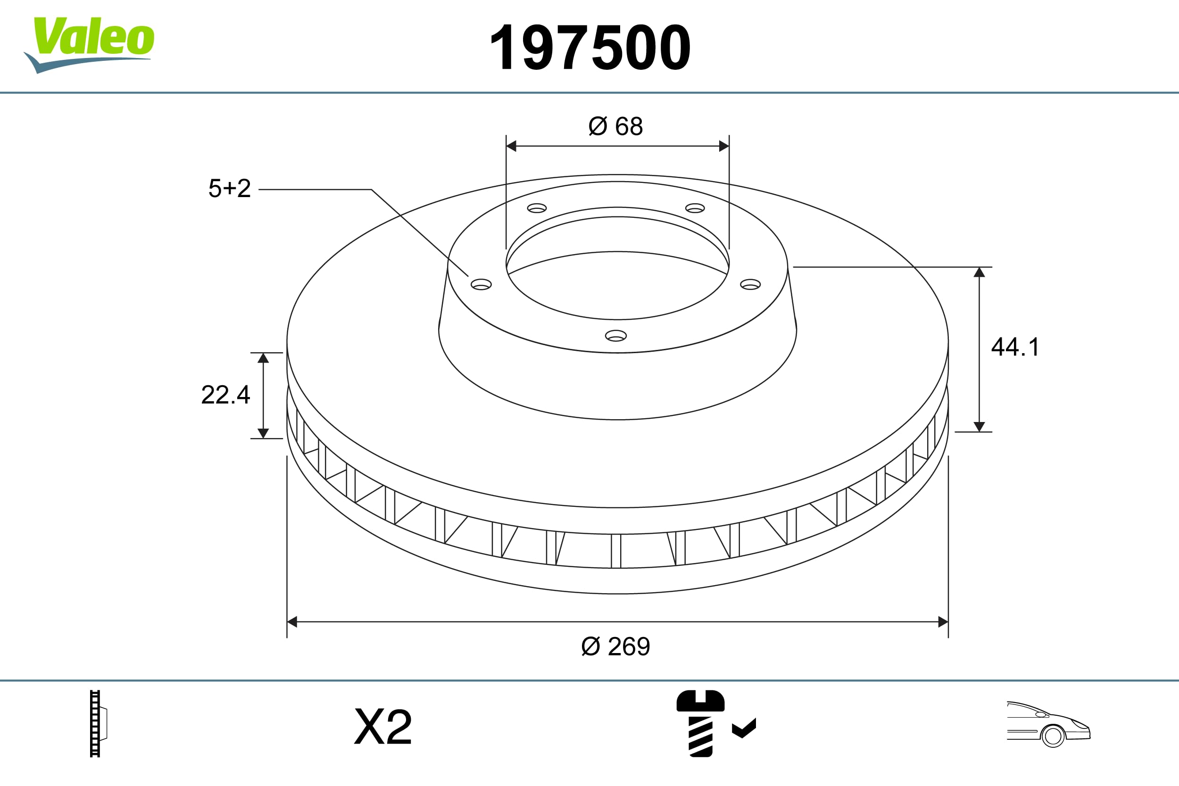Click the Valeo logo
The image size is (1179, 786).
point(90,43)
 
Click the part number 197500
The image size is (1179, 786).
point(590,48)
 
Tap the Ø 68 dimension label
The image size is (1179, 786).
point(615,126)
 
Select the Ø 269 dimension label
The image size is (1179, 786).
point(615,646)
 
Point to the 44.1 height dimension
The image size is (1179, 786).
point(1015,347)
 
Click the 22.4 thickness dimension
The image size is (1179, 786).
point(225,395)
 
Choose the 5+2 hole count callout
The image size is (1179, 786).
point(230,189)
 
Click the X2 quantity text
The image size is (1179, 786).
point(383,727)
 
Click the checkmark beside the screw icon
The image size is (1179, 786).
point(744,728)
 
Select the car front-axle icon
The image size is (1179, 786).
point(1048,724)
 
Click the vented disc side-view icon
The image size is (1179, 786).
point(97,723)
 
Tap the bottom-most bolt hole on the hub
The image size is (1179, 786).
point(616,336)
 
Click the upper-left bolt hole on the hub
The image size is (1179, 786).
point(537,208)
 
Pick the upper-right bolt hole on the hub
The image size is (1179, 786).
point(695,208)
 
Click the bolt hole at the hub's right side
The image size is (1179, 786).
point(750,285)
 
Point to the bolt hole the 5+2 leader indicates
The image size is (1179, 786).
point(481,285)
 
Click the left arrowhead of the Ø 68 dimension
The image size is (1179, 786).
point(511,146)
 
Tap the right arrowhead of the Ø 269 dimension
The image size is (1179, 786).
point(943,622)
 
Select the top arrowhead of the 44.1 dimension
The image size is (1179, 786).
point(979,272)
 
